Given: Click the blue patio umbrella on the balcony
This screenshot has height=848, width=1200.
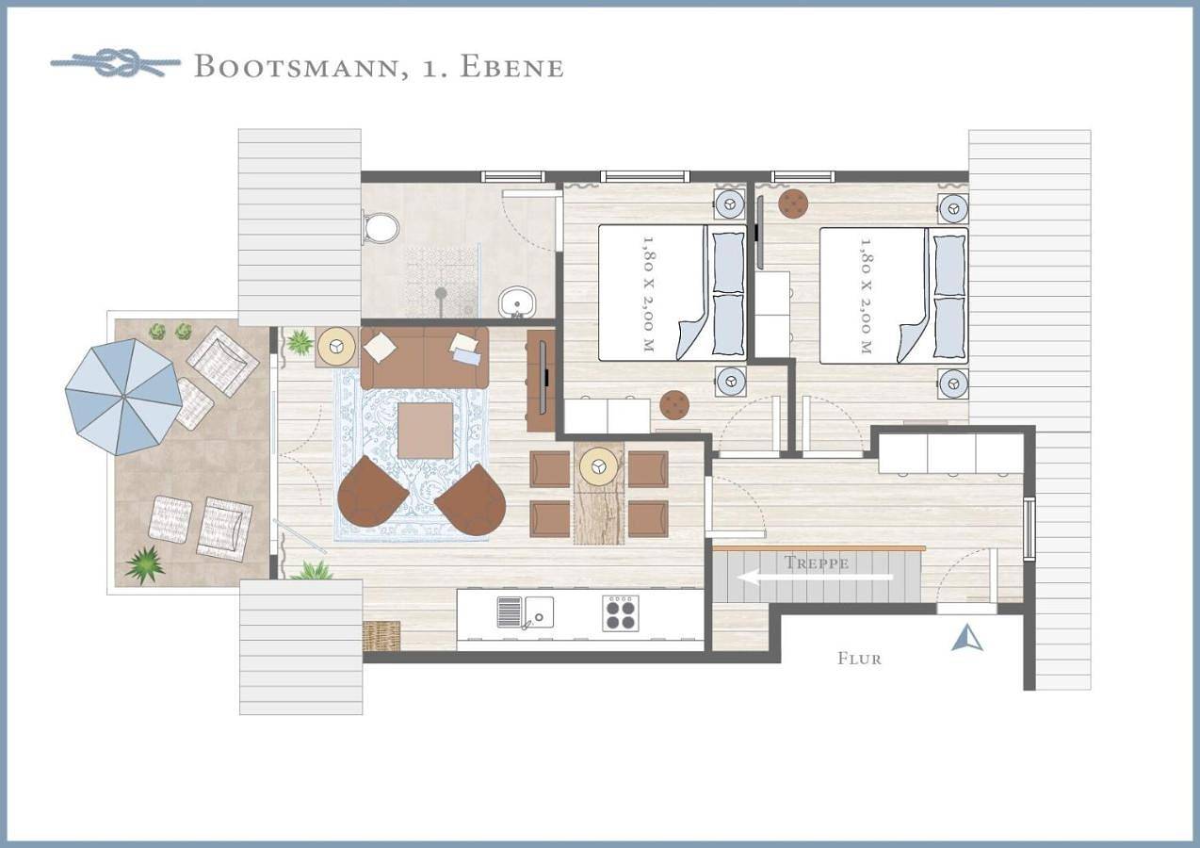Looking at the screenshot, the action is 123,397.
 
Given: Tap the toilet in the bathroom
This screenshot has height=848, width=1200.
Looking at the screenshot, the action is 381,229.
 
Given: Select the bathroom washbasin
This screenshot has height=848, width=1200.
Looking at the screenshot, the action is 517,302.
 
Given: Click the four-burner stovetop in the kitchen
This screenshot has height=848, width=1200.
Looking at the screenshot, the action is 621,612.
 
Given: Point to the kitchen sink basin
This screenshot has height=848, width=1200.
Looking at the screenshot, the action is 539,612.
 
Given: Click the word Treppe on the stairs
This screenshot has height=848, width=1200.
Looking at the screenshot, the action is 817,563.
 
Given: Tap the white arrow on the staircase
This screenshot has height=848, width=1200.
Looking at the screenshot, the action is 815,578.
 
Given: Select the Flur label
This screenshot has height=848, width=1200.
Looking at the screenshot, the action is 859,659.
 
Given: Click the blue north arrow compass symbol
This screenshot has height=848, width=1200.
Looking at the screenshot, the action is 967,638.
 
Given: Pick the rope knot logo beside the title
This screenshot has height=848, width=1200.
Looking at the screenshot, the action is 116,63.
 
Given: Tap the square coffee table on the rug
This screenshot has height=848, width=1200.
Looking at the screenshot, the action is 426,431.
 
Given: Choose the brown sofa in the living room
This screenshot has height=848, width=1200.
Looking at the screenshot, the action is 425,358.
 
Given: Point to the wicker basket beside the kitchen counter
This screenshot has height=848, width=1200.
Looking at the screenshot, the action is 381,636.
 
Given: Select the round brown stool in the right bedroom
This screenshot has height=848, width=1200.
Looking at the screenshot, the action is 793,204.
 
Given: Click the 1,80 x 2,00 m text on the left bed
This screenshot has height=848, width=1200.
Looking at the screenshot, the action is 649,294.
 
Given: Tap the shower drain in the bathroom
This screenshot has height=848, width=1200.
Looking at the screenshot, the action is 441,293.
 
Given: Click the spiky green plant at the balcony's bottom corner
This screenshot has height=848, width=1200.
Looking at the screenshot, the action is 145,564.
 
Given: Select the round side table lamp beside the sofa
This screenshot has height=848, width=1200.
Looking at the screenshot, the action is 336,347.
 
